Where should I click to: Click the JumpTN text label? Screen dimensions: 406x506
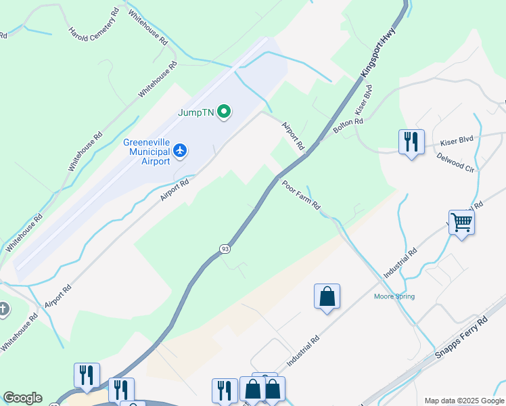click(x=196, y=113)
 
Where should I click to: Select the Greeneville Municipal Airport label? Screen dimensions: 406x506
click(x=147, y=152)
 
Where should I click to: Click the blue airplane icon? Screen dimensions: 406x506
click(x=180, y=150)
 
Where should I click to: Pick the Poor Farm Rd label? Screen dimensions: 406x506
click(x=301, y=195)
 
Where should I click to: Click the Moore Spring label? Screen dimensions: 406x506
click(x=395, y=296)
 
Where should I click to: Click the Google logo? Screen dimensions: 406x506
click(x=22, y=398)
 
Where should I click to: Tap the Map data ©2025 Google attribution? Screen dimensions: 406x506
click(x=464, y=401)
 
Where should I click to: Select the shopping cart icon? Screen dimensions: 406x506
click(x=461, y=221)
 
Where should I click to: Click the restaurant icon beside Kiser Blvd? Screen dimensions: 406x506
click(x=411, y=142)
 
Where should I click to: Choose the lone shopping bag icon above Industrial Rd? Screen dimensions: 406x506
click(x=327, y=296)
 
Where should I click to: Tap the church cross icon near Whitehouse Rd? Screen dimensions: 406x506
click(x=3, y=309)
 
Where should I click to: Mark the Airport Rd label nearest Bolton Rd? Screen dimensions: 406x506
click(x=293, y=135)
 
